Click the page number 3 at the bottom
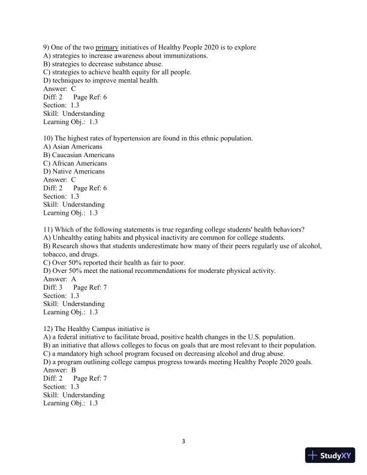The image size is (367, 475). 183,442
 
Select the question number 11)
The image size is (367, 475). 49,229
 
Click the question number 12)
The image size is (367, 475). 49,329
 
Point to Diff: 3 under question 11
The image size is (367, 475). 53,287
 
